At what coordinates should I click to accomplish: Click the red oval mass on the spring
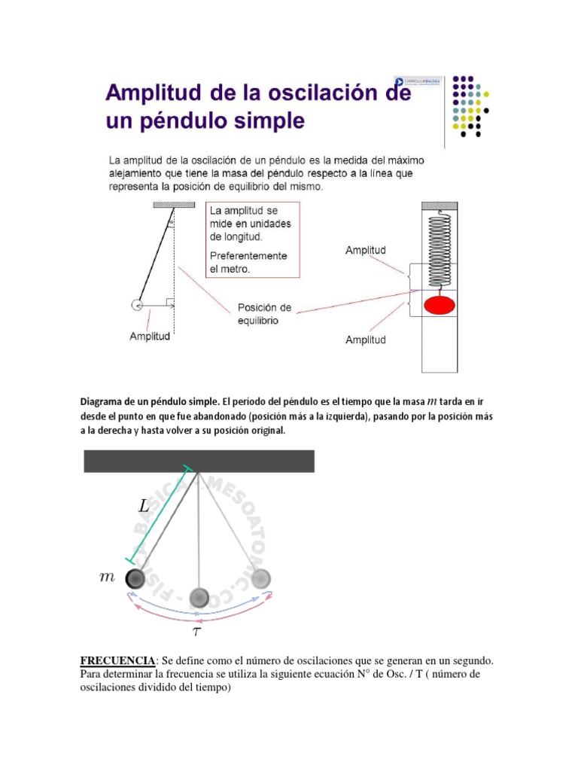tap(440, 305)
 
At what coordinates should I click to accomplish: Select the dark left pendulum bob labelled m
tap(135, 577)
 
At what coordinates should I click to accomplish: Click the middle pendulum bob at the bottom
tap(199, 597)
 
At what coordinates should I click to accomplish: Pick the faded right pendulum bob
tap(261, 578)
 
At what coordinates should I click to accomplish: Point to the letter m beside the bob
tap(107, 577)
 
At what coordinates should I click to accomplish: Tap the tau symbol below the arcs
tap(197, 631)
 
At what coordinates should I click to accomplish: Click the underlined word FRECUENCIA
tap(116, 660)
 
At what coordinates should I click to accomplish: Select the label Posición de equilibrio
tap(264, 314)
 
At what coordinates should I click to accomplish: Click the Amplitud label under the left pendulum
tap(150, 337)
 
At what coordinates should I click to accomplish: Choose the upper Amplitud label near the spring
tap(365, 249)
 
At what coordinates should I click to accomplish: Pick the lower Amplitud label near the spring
tap(365, 340)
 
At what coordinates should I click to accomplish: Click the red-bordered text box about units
tap(251, 240)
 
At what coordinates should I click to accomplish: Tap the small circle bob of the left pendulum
tap(137, 304)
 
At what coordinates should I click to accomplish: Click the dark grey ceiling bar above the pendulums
tap(199, 461)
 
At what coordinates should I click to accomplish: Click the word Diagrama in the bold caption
tap(104, 401)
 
